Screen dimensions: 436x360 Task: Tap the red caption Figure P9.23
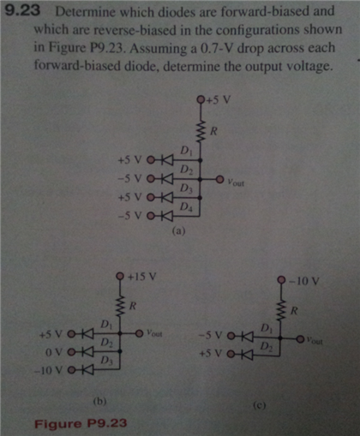(81, 422)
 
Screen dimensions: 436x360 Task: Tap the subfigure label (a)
(179, 231)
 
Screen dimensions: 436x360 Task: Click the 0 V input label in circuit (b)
(52, 350)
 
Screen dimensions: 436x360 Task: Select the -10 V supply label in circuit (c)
(304, 280)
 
